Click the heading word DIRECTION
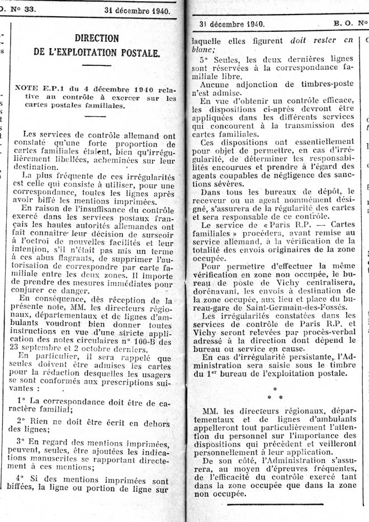tap(97, 39)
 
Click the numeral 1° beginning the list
tap(22, 401)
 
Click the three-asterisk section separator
tap(275, 393)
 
